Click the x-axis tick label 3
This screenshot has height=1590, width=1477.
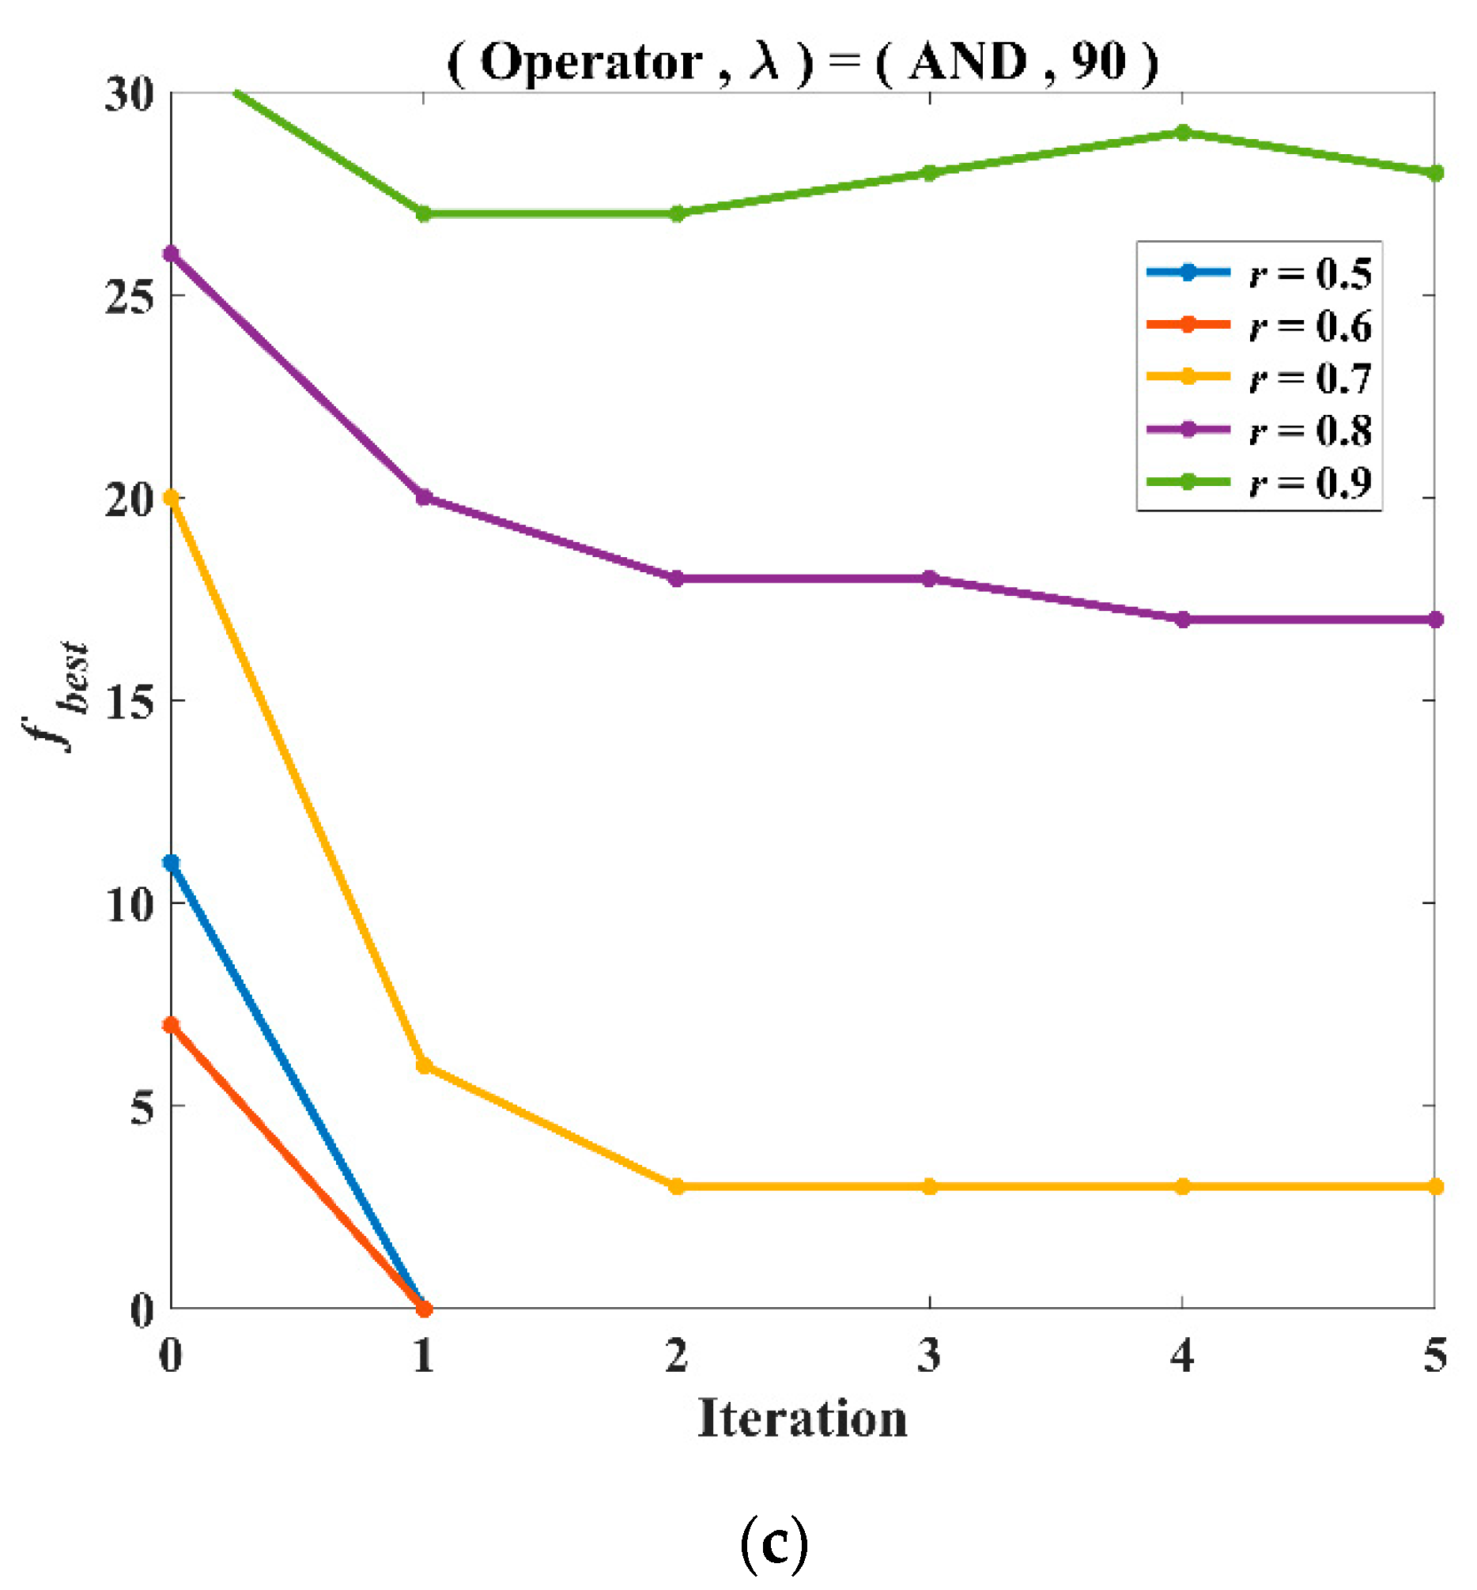tap(929, 1356)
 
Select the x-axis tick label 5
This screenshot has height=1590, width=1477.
tap(1434, 1356)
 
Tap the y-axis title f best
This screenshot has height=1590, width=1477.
tap(58, 695)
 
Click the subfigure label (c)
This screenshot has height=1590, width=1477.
tap(773, 1544)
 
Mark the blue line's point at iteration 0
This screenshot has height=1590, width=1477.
tap(171, 863)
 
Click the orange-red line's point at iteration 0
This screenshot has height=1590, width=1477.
tap(171, 1025)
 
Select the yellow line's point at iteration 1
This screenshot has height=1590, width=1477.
tap(425, 1066)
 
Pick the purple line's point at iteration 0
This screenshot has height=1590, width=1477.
tap(171, 254)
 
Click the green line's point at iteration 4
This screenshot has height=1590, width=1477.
tap(1183, 133)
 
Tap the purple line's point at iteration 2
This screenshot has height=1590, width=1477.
tap(676, 578)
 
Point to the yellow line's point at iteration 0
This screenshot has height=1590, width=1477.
tap(171, 498)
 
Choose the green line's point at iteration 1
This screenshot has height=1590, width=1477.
tap(425, 214)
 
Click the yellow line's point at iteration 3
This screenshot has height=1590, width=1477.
tap(929, 1187)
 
